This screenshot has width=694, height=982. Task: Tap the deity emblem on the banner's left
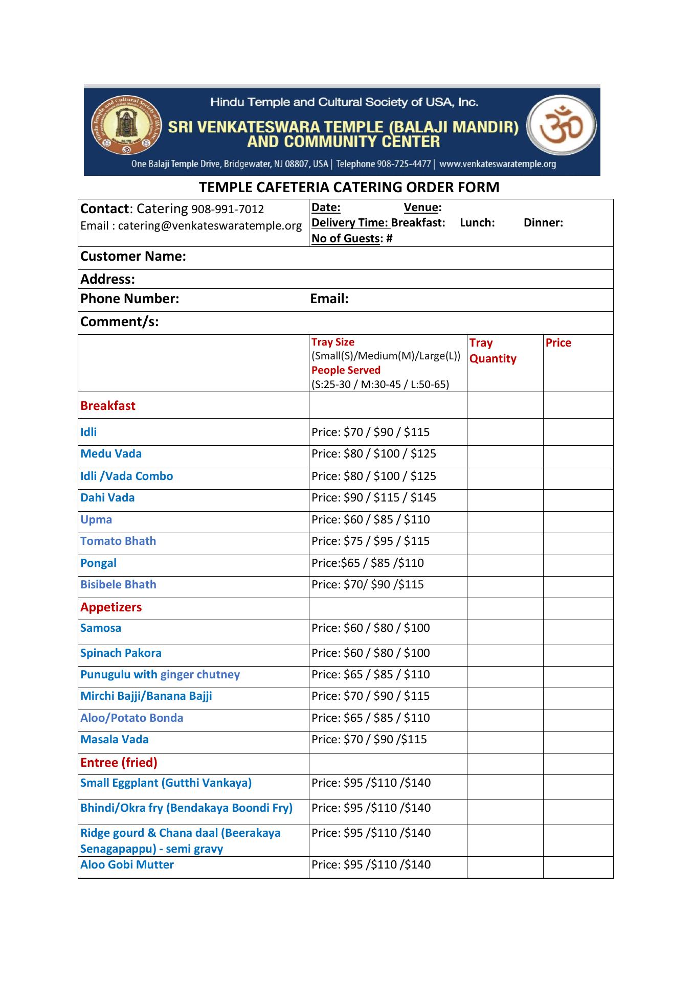[x=126, y=126]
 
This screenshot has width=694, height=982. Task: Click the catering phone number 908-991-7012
[x=227, y=210]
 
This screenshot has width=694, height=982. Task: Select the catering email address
[x=210, y=226]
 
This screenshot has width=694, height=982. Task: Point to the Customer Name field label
[x=133, y=257]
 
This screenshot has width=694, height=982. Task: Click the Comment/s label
[x=119, y=322]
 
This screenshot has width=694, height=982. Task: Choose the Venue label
[x=421, y=208]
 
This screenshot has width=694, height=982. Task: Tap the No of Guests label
[x=346, y=239]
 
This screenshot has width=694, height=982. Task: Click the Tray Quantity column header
[x=492, y=351]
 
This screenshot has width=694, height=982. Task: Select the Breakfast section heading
[x=108, y=406]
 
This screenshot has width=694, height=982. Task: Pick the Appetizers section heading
[x=111, y=607]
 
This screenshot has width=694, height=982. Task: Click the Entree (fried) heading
[x=119, y=763]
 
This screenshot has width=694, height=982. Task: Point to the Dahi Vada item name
[x=107, y=498]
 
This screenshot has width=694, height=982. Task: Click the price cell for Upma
[x=370, y=520]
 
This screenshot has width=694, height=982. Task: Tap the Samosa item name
[x=101, y=628]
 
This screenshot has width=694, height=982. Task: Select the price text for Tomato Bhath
[x=370, y=541]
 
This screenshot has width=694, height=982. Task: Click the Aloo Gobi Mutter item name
[x=127, y=865]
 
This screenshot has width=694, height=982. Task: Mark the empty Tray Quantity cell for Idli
[x=505, y=432]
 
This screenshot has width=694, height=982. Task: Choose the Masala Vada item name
[x=115, y=740]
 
